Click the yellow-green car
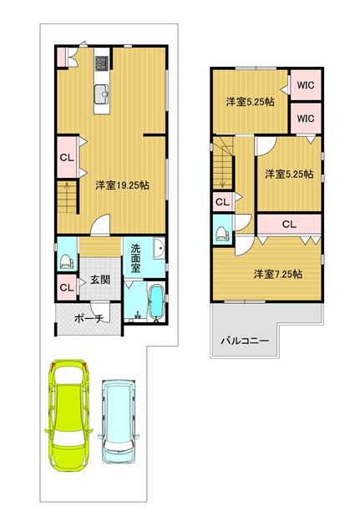tap(68, 415)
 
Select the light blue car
tap(119, 422)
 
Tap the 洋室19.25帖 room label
tap(123, 185)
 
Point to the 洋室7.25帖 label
tap(278, 274)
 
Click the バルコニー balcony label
tap(245, 341)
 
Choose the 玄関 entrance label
tap(100, 279)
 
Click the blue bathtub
tap(155, 302)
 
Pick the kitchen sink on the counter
tap(102, 94)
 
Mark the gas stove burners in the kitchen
tap(102, 63)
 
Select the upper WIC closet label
tap(306, 85)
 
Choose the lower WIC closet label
tap(306, 119)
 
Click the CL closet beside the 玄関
tap(67, 287)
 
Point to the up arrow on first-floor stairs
tap(67, 197)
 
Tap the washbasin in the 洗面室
tap(160, 249)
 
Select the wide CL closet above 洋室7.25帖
tap(289, 225)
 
